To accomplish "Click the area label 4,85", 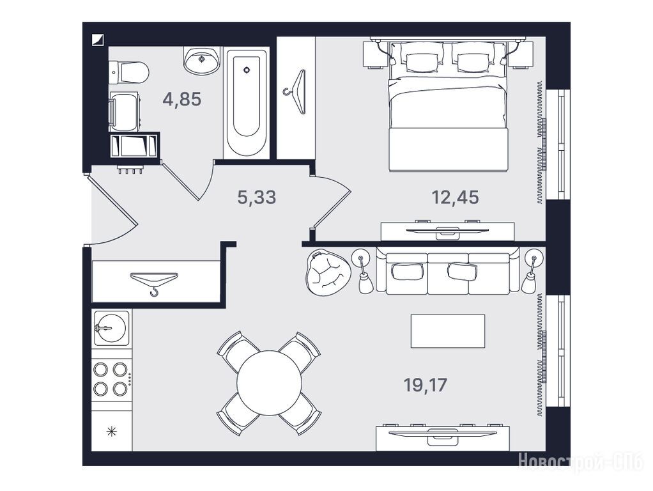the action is point(182,100).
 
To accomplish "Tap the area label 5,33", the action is point(257,197).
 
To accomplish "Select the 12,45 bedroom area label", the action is point(455,197).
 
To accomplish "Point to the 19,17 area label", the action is point(425,385).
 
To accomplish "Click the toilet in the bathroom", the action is point(129,72).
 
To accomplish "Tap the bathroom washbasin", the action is point(201,60).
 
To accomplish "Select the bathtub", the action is point(246,104).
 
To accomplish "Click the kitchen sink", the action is point(112,327).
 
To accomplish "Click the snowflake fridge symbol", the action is point(111,432).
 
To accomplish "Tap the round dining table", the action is point(270,384).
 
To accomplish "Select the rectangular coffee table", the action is point(448,331).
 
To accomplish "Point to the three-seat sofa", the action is point(448,270).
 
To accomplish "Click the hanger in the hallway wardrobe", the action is point(154,281).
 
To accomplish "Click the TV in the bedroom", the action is point(447,230).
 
